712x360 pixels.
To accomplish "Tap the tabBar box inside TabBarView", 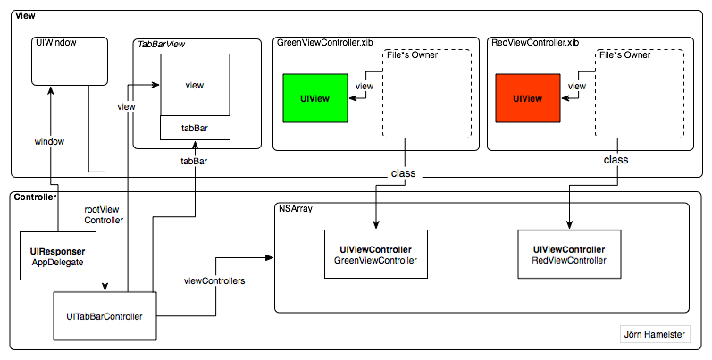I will (194, 129).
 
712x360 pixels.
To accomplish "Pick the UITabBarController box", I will (105, 315).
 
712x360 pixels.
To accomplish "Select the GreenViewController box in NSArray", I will (376, 255).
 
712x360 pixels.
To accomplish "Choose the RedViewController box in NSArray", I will (568, 255).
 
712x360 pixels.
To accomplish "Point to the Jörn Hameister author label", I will (654, 337).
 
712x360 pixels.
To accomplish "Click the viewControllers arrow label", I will (214, 280).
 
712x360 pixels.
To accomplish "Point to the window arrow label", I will (49, 141).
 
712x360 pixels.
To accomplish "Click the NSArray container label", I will (296, 209).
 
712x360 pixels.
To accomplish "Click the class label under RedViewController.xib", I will (616, 161).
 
